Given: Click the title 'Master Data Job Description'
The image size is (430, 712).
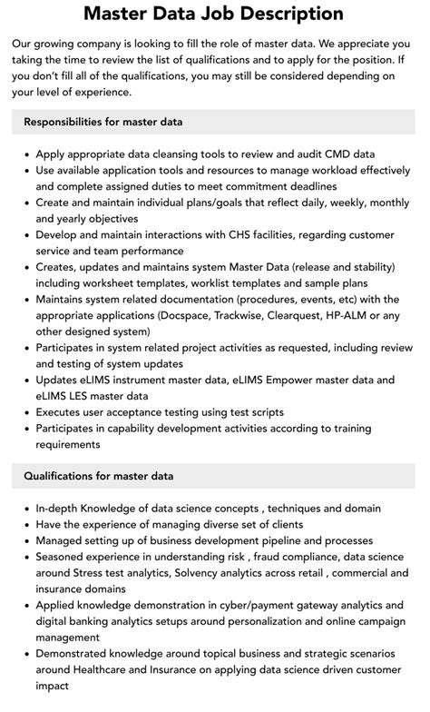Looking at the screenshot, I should click(x=214, y=14).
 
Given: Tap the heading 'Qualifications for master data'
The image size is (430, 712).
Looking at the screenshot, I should click(x=99, y=475).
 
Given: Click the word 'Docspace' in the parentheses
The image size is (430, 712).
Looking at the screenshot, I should click(x=189, y=315).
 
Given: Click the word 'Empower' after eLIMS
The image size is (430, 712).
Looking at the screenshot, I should click(x=288, y=380).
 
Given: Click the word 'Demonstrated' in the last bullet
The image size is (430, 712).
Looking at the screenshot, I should click(x=79, y=654).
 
